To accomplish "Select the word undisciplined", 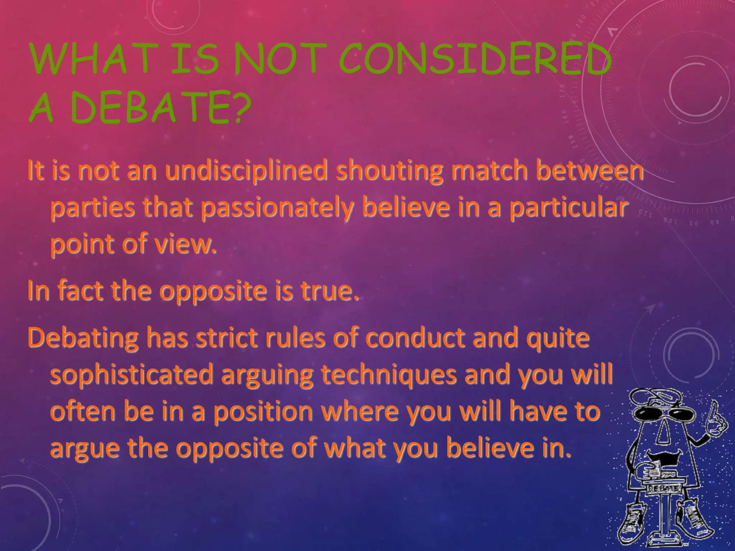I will [x=246, y=171].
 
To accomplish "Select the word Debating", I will [x=83, y=338].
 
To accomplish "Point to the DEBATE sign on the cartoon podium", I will [x=664, y=489].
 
